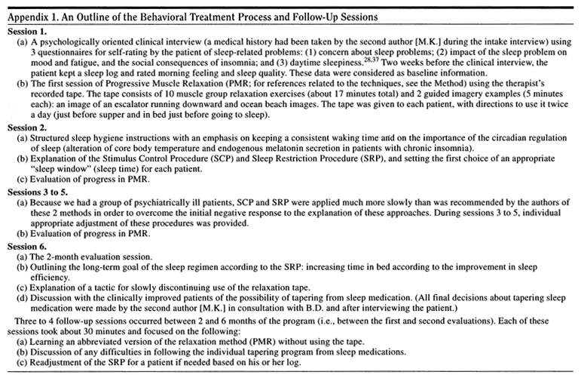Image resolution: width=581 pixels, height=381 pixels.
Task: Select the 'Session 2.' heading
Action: point(29,170)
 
